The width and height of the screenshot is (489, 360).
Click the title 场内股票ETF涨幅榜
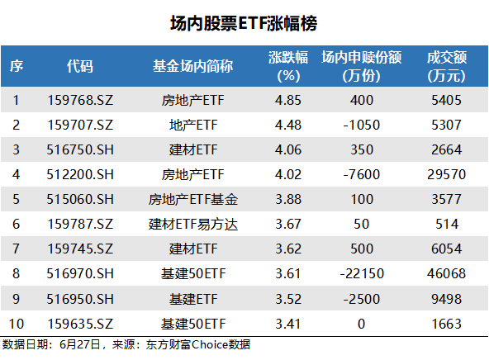point(244,24)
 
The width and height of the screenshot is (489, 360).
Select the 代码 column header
point(80,66)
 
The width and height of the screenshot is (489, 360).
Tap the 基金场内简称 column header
point(192,66)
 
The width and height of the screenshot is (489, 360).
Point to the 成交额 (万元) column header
point(447,66)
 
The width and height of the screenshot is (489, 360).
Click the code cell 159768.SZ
point(80,101)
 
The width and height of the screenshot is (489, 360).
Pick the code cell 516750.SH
point(80,150)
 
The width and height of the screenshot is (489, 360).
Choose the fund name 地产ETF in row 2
point(193,126)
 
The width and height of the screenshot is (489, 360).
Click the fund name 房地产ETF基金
point(193,200)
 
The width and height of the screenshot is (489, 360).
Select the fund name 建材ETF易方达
point(193,225)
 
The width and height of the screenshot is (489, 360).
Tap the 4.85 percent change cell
point(288,101)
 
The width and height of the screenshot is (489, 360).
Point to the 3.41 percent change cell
point(288,324)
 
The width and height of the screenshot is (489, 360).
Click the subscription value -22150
point(362,274)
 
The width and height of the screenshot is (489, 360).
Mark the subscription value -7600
point(362,174)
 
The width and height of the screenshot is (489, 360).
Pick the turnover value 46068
point(447,274)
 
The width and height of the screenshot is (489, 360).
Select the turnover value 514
point(447,225)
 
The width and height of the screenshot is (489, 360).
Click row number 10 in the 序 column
point(17,324)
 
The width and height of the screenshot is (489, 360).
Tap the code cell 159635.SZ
point(80,324)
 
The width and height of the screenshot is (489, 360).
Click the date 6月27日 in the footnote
point(80,345)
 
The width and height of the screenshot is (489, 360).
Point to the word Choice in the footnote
point(210,345)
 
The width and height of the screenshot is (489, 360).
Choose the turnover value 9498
point(447,299)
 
